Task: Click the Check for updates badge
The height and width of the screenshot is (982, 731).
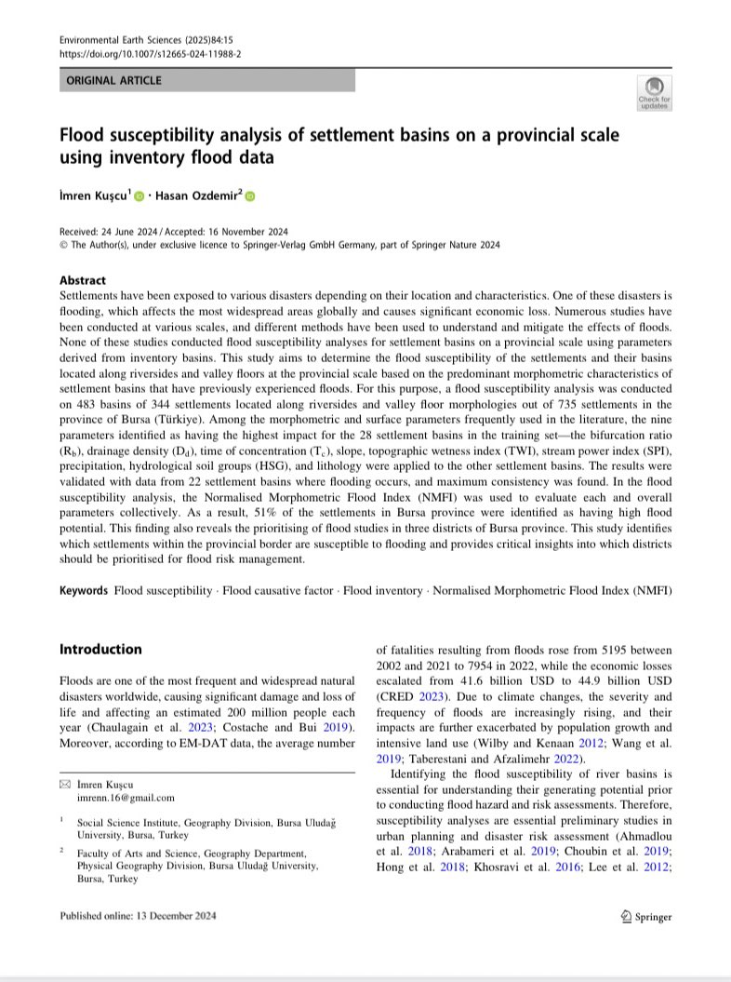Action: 653,92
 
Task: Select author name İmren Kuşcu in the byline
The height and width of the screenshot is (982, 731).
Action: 95,196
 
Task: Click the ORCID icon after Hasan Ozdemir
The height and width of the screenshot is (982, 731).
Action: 249,196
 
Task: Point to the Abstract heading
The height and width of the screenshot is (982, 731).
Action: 83,280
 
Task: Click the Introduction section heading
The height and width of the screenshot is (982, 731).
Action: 100,649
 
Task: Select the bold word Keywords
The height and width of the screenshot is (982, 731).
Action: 85,591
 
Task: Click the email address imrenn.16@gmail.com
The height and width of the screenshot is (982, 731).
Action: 126,798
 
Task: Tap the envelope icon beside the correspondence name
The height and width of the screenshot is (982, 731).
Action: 64,785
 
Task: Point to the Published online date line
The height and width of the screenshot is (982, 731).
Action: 139,916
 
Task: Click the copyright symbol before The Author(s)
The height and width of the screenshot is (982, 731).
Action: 63,245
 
